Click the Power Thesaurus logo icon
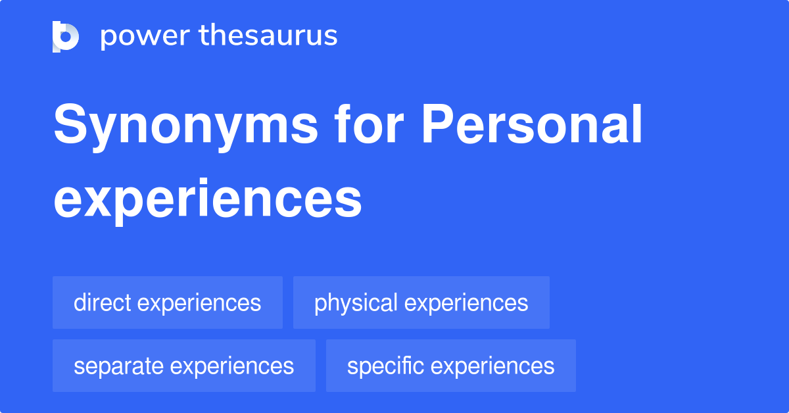[x=66, y=36]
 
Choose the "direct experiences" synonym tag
[x=168, y=303]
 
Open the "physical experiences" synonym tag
[x=421, y=303]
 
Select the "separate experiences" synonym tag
[x=184, y=366]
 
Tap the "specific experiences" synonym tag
[x=451, y=366]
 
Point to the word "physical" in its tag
[x=356, y=303]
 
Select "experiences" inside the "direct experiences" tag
[x=200, y=303]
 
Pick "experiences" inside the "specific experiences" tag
[x=493, y=366]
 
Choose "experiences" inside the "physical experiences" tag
[x=466, y=303]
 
